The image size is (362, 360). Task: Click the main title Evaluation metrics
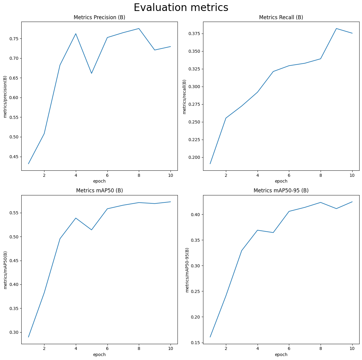point(181,8)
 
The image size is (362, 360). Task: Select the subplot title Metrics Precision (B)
point(99,18)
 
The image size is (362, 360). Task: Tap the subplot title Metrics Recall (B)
point(281,18)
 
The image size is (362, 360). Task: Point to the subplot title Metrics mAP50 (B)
point(99,191)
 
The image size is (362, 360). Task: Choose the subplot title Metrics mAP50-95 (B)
point(281,191)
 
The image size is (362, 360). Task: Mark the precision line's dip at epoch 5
point(91,73)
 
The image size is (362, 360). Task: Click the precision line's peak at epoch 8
point(139,29)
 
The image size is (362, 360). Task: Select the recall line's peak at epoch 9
point(336,29)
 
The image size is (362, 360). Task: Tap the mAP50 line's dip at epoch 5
point(91,230)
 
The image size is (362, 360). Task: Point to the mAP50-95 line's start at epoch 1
point(210,337)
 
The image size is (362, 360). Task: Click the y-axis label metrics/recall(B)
point(184,97)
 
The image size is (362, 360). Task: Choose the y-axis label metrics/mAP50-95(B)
point(187,270)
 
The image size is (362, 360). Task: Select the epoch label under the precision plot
point(99,181)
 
